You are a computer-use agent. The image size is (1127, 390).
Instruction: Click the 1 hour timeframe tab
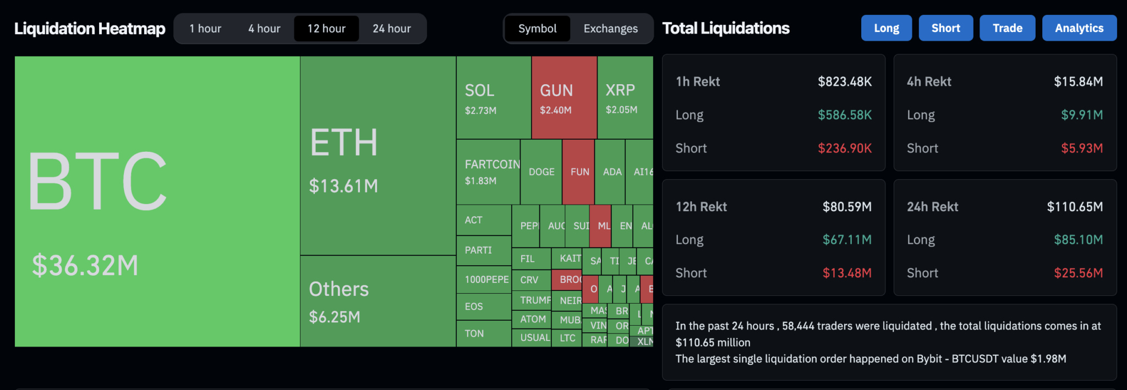click(x=205, y=29)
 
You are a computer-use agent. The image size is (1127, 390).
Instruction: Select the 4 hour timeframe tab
click(x=264, y=29)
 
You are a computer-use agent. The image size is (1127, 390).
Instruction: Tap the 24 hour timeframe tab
click(x=391, y=29)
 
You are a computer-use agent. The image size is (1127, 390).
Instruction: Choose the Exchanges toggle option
click(x=610, y=29)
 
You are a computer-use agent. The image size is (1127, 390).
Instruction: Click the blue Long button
click(x=886, y=28)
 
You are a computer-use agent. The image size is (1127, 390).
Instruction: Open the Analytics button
click(x=1079, y=28)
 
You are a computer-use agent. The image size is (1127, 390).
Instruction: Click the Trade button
click(x=1007, y=28)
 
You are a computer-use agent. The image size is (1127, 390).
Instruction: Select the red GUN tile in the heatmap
click(x=564, y=98)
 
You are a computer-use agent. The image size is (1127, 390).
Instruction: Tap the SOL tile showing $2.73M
click(x=493, y=98)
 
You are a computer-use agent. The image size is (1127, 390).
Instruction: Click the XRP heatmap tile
click(x=625, y=98)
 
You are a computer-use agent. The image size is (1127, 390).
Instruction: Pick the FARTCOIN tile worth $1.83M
click(x=488, y=172)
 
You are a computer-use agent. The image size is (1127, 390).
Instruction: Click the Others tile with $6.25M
click(x=378, y=301)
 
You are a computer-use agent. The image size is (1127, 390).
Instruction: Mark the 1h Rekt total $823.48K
click(x=844, y=82)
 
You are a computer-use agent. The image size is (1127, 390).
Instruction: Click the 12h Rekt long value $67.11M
click(x=846, y=240)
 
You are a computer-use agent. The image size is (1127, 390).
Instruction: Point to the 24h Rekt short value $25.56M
click(x=1077, y=273)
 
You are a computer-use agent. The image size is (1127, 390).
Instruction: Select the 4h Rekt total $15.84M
click(x=1077, y=82)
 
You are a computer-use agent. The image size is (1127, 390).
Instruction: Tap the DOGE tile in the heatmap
click(x=541, y=172)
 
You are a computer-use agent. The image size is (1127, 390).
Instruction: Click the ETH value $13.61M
click(x=343, y=186)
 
